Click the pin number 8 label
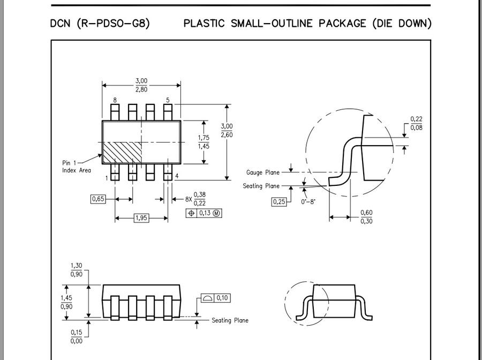[115, 100]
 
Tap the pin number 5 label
[168, 100]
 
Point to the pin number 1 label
[107, 177]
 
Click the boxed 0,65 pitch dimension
[98, 199]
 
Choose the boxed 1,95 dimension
[141, 217]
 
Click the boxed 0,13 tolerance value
[205, 213]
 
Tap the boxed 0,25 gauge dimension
[279, 201]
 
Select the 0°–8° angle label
[308, 202]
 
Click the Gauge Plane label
[263, 172]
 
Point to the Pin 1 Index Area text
[76, 167]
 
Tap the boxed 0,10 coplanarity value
[222, 298]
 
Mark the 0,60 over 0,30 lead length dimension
[366, 217]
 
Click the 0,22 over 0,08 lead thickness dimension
[416, 123]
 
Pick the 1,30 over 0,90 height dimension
[77, 270]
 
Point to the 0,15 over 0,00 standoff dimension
[77, 336]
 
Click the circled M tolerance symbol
[217, 213]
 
